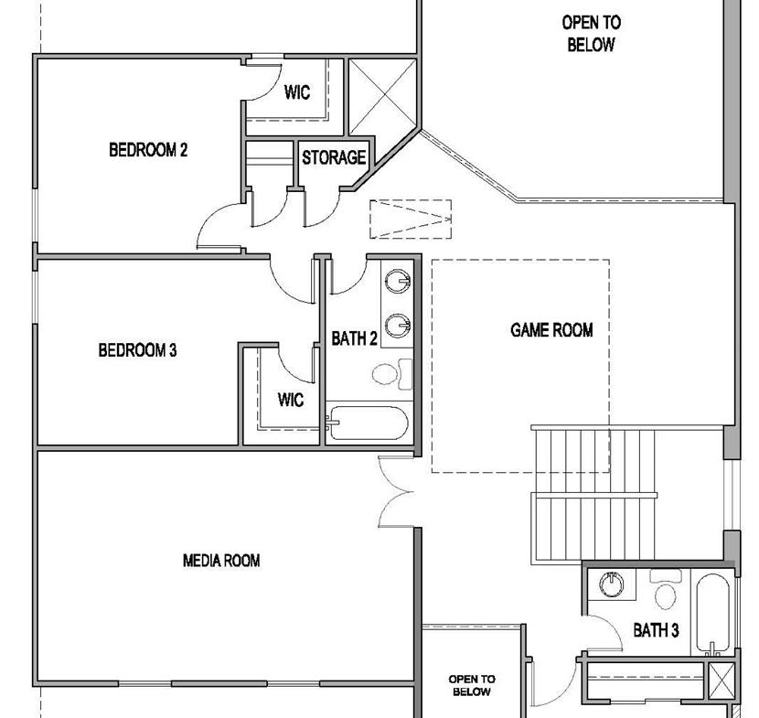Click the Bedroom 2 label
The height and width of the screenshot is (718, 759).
[x=148, y=150]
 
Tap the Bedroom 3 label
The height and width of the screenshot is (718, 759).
[x=137, y=350]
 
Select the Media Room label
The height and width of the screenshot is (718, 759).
[x=221, y=561]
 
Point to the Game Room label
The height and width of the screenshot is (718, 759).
[x=551, y=330]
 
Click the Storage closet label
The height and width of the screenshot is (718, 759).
[x=334, y=157]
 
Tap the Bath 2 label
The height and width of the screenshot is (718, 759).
[x=354, y=338]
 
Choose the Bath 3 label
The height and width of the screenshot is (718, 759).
[x=656, y=630]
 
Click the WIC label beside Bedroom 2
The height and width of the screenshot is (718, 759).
[x=296, y=92]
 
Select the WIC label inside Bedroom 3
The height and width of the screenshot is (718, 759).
[x=291, y=400]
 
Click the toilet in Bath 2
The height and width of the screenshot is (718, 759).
[x=392, y=374]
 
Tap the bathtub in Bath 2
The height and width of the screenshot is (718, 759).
[x=368, y=423]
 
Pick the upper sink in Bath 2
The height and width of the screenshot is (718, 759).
[x=398, y=282]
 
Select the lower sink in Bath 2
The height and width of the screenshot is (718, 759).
[x=398, y=326]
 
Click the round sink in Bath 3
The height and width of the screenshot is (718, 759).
[x=612, y=584]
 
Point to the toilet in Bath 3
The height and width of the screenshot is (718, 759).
[x=666, y=589]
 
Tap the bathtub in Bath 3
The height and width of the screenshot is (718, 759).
[x=712, y=614]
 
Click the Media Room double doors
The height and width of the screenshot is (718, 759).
[x=395, y=492]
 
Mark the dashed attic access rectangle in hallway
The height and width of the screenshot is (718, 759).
[x=411, y=220]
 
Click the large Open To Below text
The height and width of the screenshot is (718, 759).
[x=591, y=34]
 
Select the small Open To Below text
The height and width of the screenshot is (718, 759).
[x=472, y=686]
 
